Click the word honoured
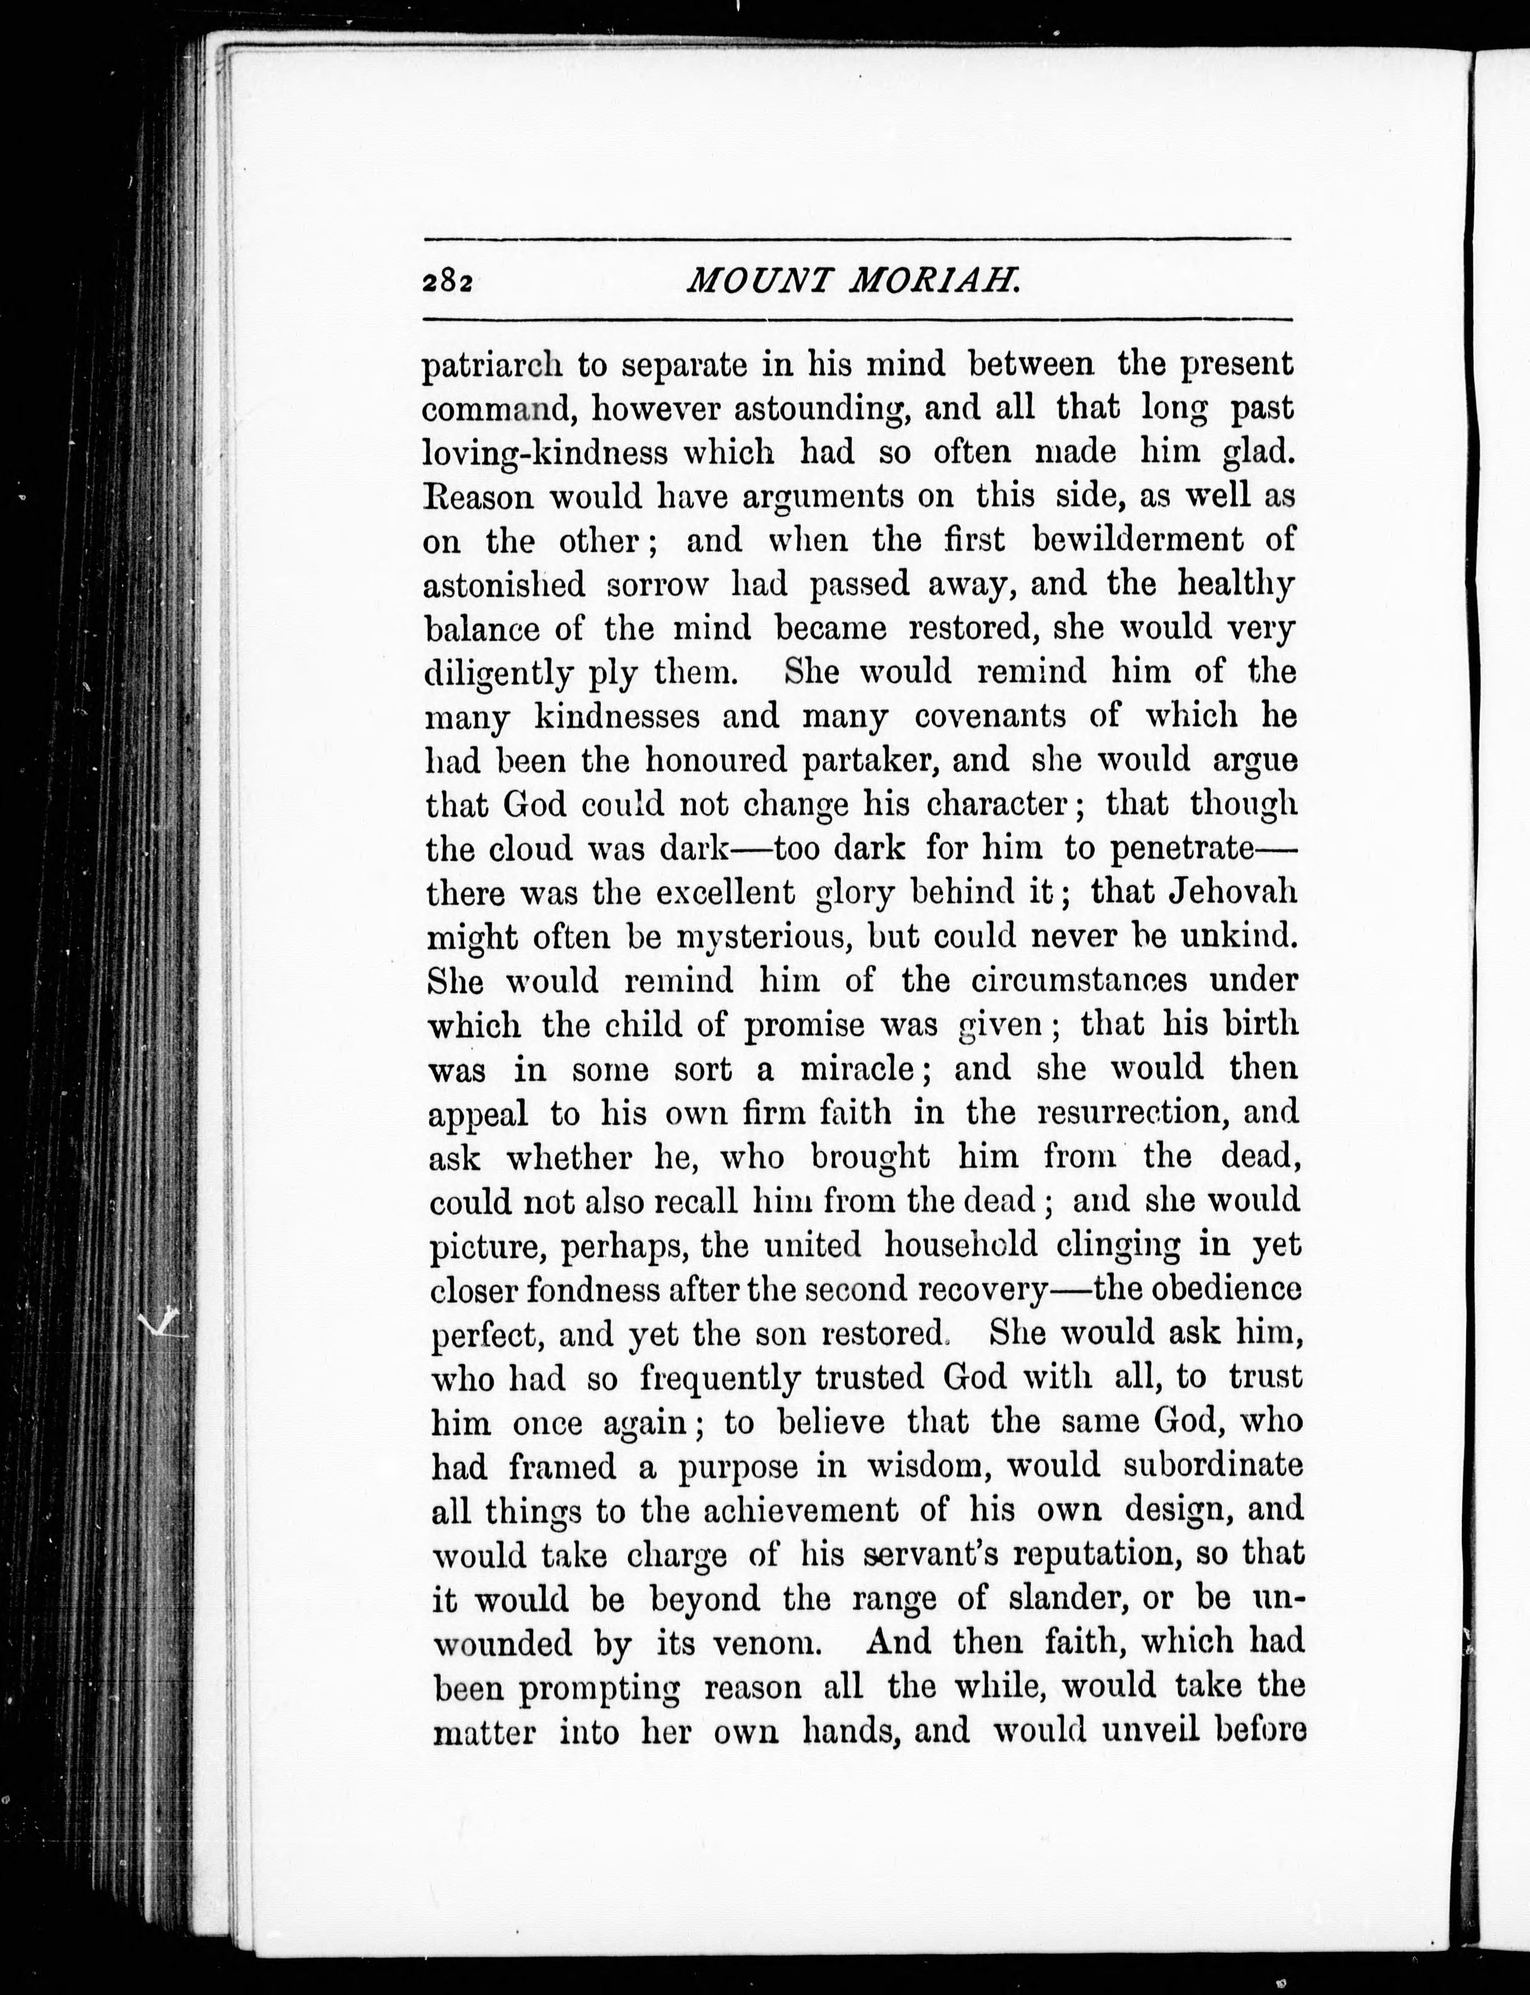point(702,761)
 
